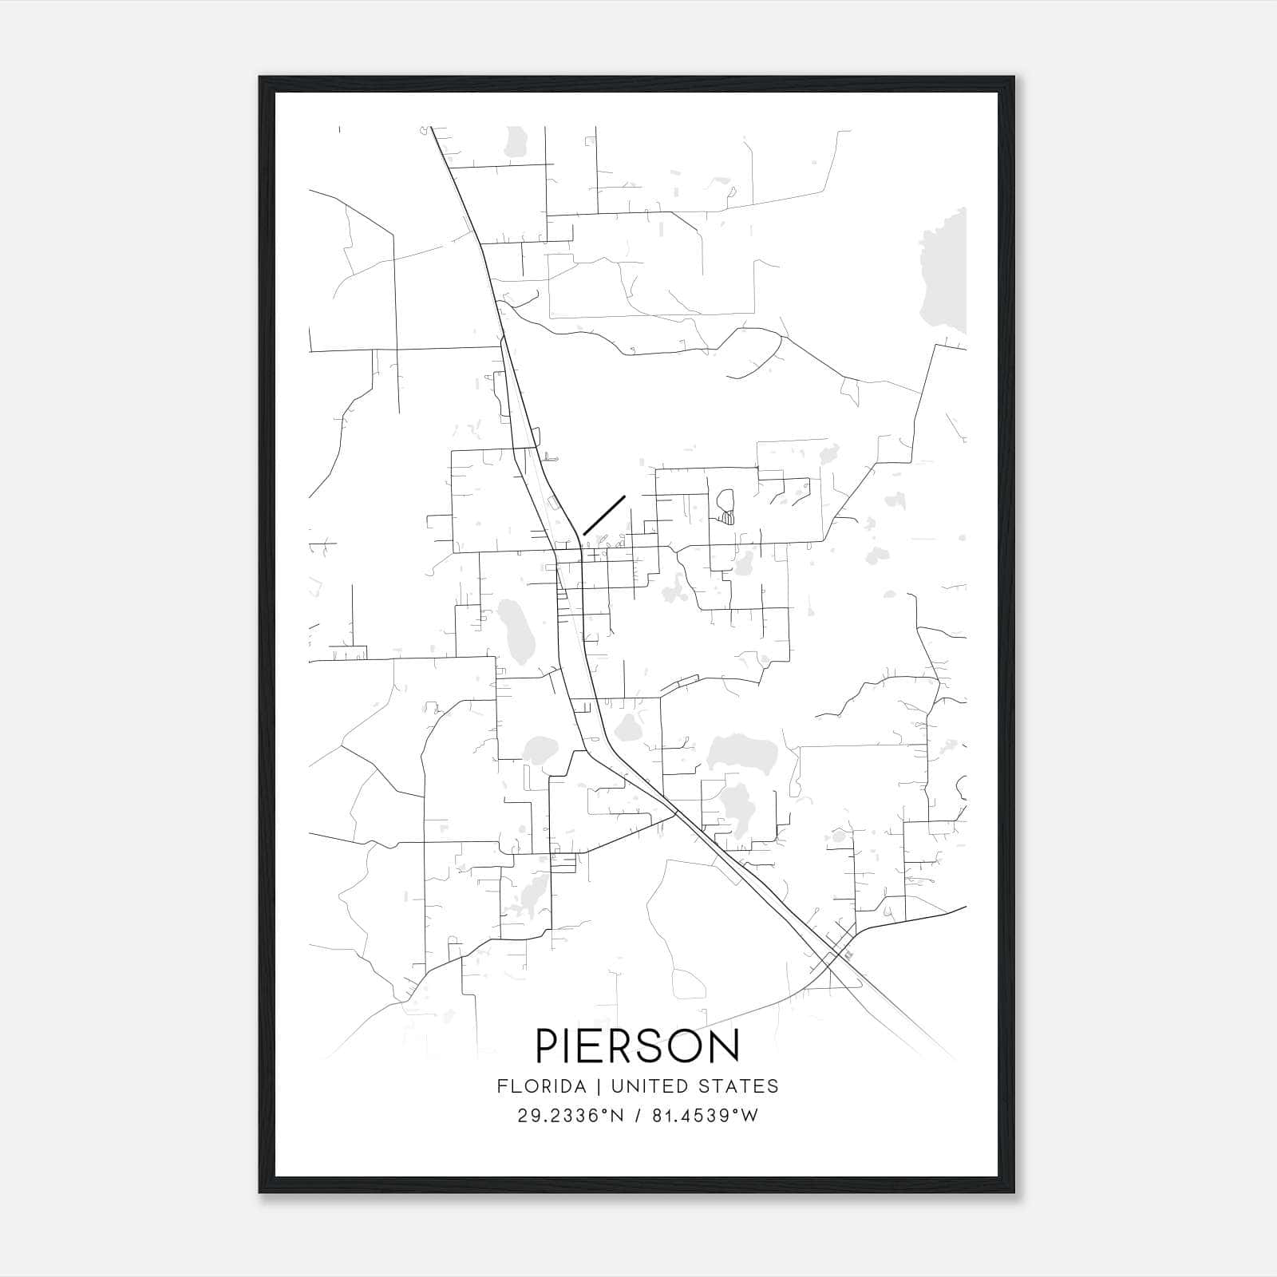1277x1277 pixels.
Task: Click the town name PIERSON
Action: coord(638,1046)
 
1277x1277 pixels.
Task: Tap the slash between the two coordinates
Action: coord(638,1116)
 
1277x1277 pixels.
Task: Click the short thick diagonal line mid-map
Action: coord(604,515)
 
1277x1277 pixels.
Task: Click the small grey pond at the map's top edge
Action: coord(517,140)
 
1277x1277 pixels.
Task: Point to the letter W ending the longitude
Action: coord(749,1116)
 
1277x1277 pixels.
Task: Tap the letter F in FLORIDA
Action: coord(501,1086)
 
